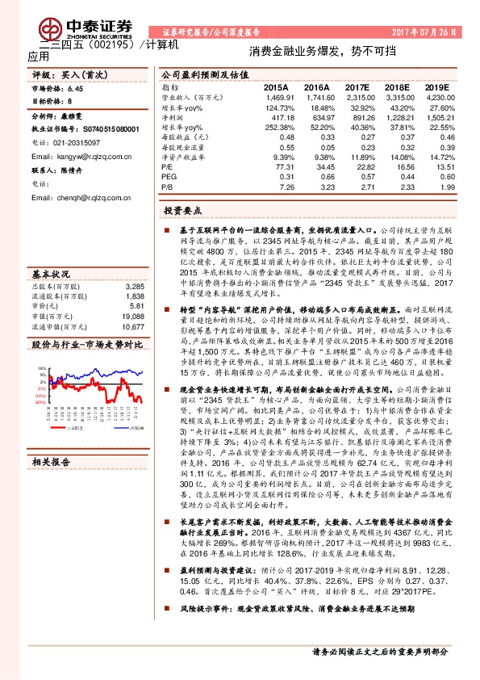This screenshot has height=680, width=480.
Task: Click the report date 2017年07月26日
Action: pos(424,33)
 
